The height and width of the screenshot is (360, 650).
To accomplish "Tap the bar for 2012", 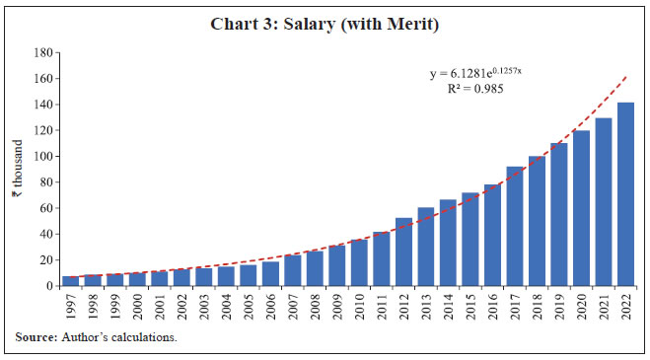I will click(403, 252).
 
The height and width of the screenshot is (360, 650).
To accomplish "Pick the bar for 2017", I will click(515, 226).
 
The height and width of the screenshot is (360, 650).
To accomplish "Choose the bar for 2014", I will click(448, 243).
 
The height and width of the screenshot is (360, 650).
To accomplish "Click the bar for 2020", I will click(581, 208).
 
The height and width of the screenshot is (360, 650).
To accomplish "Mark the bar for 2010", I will click(359, 262).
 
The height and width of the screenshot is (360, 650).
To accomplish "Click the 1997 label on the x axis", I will click(71, 304).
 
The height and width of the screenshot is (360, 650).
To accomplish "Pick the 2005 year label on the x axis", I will click(249, 304).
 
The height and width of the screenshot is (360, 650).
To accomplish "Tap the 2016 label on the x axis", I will click(492, 304).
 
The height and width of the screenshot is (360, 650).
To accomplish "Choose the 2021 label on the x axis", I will click(604, 304).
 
